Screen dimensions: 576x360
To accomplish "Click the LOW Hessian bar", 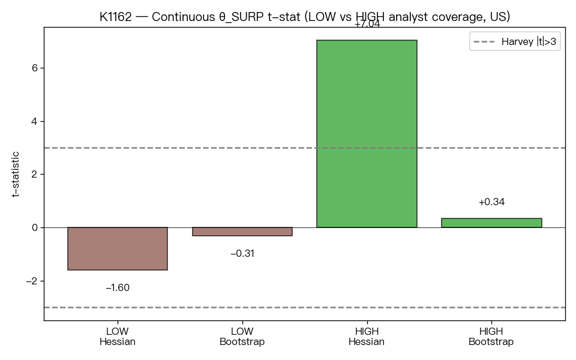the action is pyautogui.click(x=118, y=248).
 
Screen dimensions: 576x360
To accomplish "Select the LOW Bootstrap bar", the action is pyautogui.click(x=242, y=232).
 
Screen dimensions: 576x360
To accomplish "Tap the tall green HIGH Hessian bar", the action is pyautogui.click(x=367, y=134).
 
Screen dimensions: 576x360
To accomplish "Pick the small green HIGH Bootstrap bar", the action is pyautogui.click(x=491, y=223).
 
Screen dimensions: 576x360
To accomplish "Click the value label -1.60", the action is pyautogui.click(x=118, y=287).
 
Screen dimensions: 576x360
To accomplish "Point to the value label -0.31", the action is pyautogui.click(x=242, y=253).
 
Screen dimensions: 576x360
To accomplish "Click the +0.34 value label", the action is pyautogui.click(x=491, y=202).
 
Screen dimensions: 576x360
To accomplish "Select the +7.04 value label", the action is pyautogui.click(x=367, y=24).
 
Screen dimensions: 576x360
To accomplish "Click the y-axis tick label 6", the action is pyautogui.click(x=35, y=68).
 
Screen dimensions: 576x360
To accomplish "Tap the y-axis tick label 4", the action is pyautogui.click(x=35, y=121).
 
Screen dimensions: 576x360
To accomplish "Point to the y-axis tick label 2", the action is pyautogui.click(x=35, y=174).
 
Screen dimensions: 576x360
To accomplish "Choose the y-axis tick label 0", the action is pyautogui.click(x=35, y=228).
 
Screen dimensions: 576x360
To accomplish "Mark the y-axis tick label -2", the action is pyautogui.click(x=32, y=281).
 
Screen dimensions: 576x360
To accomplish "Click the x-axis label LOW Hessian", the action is pyautogui.click(x=118, y=337).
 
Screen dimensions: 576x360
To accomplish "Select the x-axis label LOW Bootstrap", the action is pyautogui.click(x=242, y=337).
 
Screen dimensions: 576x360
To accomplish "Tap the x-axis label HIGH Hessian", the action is pyautogui.click(x=367, y=337).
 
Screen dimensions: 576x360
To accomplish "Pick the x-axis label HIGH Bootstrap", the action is pyautogui.click(x=491, y=337).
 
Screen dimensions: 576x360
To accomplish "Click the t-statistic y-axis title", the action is pyautogui.click(x=15, y=174).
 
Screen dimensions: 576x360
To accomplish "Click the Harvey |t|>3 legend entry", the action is pyautogui.click(x=515, y=41).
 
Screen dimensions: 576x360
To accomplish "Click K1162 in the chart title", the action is pyautogui.click(x=115, y=17).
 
